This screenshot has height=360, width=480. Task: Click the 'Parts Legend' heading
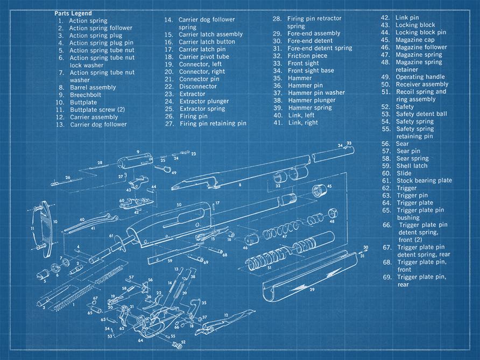tap(73, 13)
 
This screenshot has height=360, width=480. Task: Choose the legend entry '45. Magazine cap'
tap(414, 40)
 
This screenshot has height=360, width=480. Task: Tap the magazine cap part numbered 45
tap(321, 191)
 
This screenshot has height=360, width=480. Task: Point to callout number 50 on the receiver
tap(179, 205)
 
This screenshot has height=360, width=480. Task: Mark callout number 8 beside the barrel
tap(240, 185)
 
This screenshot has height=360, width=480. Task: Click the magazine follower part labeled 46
tap(250, 239)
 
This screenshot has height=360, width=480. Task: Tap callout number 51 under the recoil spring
tap(270, 267)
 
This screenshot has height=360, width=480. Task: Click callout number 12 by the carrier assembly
tap(226, 315)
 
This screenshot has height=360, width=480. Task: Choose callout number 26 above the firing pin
tap(68, 177)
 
